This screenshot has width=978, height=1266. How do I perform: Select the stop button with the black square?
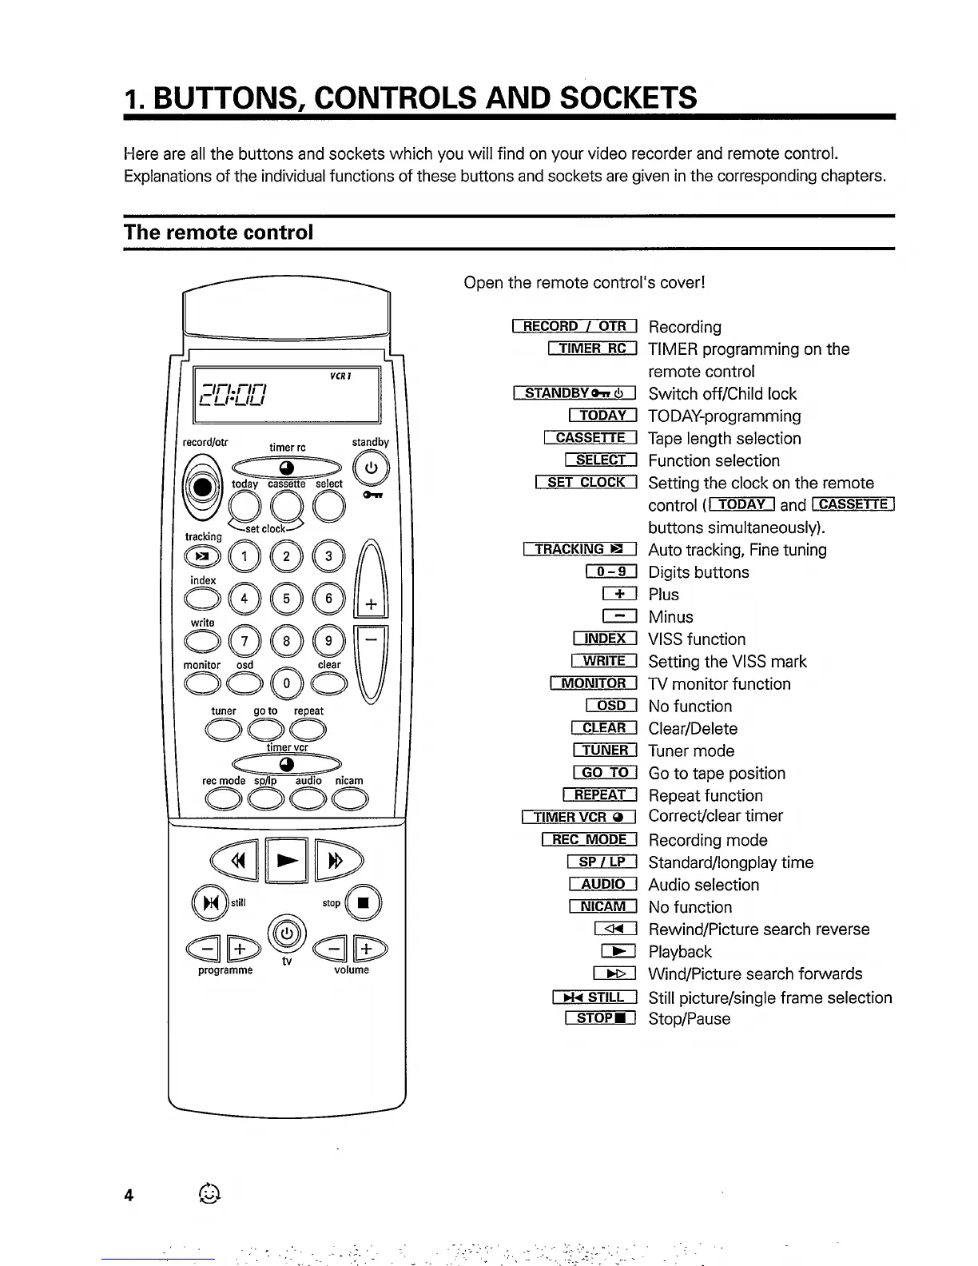tap(364, 903)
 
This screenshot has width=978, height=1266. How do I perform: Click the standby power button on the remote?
tap(370, 468)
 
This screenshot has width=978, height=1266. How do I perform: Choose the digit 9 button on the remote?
tap(328, 640)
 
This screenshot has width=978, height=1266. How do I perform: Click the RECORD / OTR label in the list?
tap(574, 326)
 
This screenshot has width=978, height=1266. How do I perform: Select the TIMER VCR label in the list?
tap(578, 817)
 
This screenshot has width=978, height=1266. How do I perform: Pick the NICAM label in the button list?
tap(602, 906)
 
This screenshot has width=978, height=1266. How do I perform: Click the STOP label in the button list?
tap(599, 1018)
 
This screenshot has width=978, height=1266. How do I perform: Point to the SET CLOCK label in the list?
tap(586, 483)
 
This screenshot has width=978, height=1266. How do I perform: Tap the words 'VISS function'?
tap(697, 639)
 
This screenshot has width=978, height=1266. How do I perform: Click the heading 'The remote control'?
tap(218, 233)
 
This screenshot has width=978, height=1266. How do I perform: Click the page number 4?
tap(128, 1196)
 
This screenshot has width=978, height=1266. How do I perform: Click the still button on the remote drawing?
tap(210, 903)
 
